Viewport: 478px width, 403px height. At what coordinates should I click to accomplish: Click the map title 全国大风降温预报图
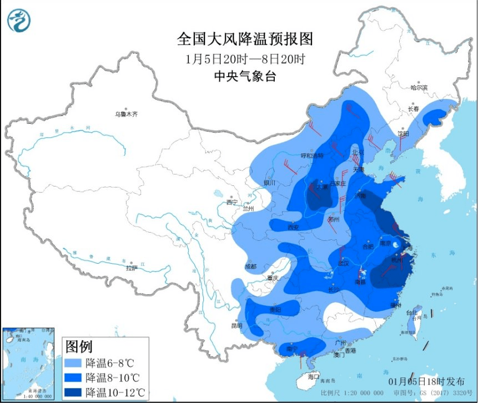pos(245,39)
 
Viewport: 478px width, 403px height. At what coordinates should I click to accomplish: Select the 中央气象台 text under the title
pos(245,77)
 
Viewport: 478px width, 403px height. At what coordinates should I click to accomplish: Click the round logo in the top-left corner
pos(19,21)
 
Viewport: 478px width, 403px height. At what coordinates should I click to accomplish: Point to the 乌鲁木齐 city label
pos(126,114)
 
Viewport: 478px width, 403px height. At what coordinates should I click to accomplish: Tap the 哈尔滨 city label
pos(419,88)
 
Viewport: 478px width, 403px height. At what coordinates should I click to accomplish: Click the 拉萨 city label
pos(131,268)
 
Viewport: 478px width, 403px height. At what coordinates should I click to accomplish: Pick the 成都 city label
pos(250,266)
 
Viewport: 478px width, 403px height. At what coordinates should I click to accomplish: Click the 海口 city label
pos(299,376)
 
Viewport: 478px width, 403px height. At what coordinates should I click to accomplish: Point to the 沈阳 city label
pos(403,134)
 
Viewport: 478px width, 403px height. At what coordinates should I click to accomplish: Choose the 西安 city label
pos(294,227)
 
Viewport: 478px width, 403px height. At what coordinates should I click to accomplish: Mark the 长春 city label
pos(414,109)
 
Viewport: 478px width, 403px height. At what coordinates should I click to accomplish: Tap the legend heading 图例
pos(79,347)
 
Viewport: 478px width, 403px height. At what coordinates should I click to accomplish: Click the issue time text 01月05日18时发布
pos(426,381)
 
